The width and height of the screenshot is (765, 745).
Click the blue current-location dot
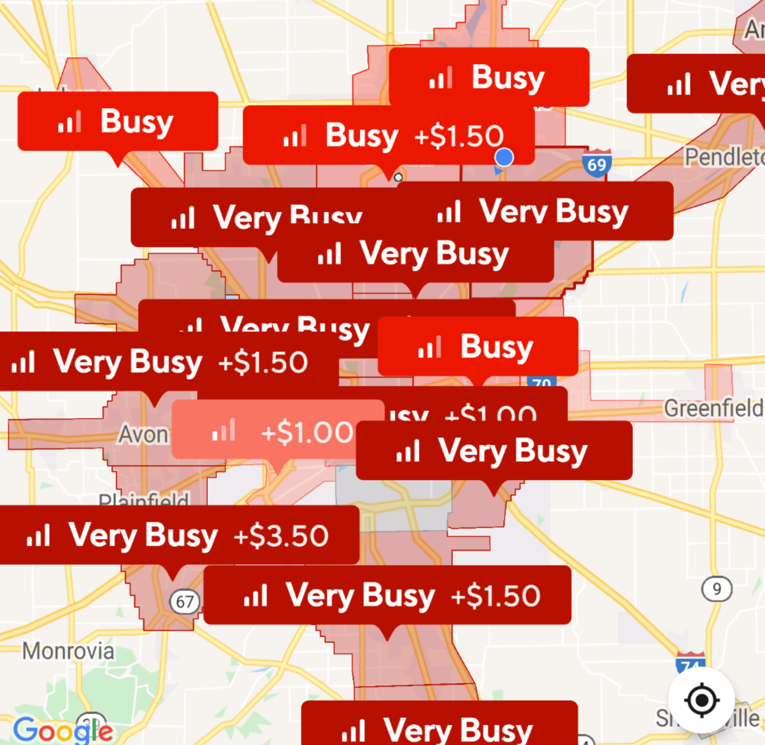pyautogui.click(x=504, y=157)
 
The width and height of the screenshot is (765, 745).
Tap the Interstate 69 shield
pyautogui.click(x=596, y=163)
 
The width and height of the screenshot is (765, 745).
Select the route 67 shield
pyautogui.click(x=184, y=601)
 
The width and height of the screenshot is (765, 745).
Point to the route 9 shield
pyautogui.click(x=716, y=589)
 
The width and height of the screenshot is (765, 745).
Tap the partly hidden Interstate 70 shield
pyautogui.click(x=541, y=382)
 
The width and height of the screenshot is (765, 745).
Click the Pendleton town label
pyautogui.click(x=724, y=157)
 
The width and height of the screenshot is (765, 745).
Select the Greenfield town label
pyautogui.click(x=713, y=409)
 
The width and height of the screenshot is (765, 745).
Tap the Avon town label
pyautogui.click(x=143, y=435)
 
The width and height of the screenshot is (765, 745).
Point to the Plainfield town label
pyautogui.click(x=143, y=499)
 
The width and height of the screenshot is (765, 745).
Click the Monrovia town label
pyautogui.click(x=68, y=652)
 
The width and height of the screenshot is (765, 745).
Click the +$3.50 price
pyautogui.click(x=281, y=536)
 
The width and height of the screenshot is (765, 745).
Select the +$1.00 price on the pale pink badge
pyautogui.click(x=307, y=433)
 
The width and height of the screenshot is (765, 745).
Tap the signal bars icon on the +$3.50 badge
pyautogui.click(x=38, y=535)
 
